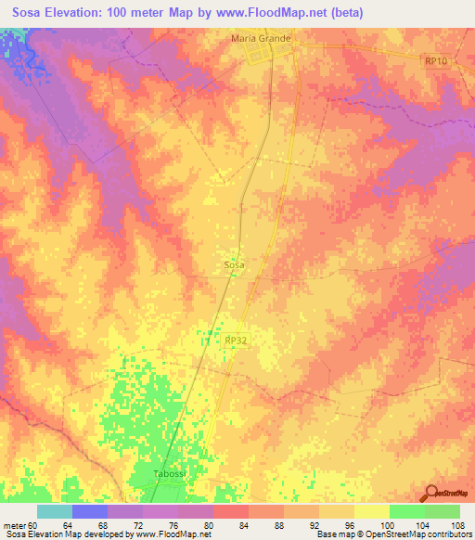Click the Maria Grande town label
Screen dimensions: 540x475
[261, 39]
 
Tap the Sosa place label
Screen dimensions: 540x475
[235, 265]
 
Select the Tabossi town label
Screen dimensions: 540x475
[169, 474]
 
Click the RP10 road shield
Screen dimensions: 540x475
[435, 60]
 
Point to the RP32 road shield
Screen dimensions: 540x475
[236, 341]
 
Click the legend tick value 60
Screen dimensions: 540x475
[33, 525]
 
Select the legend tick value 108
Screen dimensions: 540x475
[459, 525]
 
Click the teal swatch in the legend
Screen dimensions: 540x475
[55, 511]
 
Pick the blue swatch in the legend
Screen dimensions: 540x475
[90, 511]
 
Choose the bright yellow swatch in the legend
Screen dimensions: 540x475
[372, 511]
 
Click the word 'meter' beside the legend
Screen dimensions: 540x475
[14, 525]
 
